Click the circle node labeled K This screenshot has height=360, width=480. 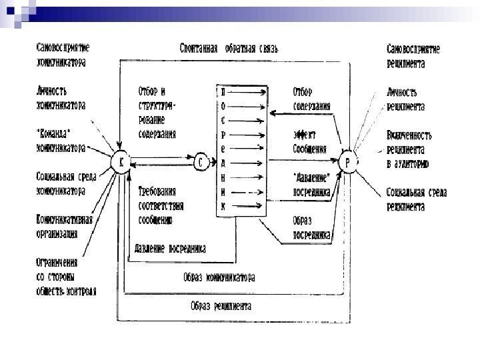click(x=120, y=162)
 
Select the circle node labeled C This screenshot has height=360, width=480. click(x=201, y=161)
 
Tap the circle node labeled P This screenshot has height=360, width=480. click(x=347, y=162)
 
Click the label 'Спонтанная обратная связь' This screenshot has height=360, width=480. click(x=229, y=49)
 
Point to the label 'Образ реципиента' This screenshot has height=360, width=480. click(x=219, y=307)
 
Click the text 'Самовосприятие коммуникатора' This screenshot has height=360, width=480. click(x=63, y=55)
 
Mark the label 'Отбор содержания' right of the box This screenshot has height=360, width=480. click(x=312, y=98)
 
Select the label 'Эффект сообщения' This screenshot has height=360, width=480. click(x=310, y=141)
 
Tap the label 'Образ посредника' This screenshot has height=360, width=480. click(x=312, y=227)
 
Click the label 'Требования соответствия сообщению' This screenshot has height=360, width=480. click(x=161, y=205)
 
